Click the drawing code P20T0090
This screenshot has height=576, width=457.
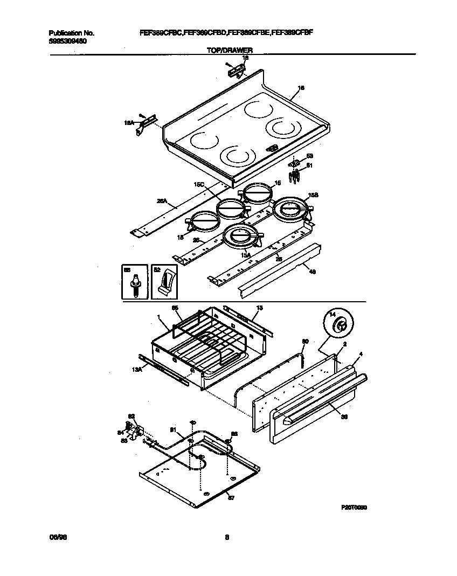point(354,507)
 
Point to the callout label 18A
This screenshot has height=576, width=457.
point(129,123)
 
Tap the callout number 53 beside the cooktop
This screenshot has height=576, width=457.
point(309,156)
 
